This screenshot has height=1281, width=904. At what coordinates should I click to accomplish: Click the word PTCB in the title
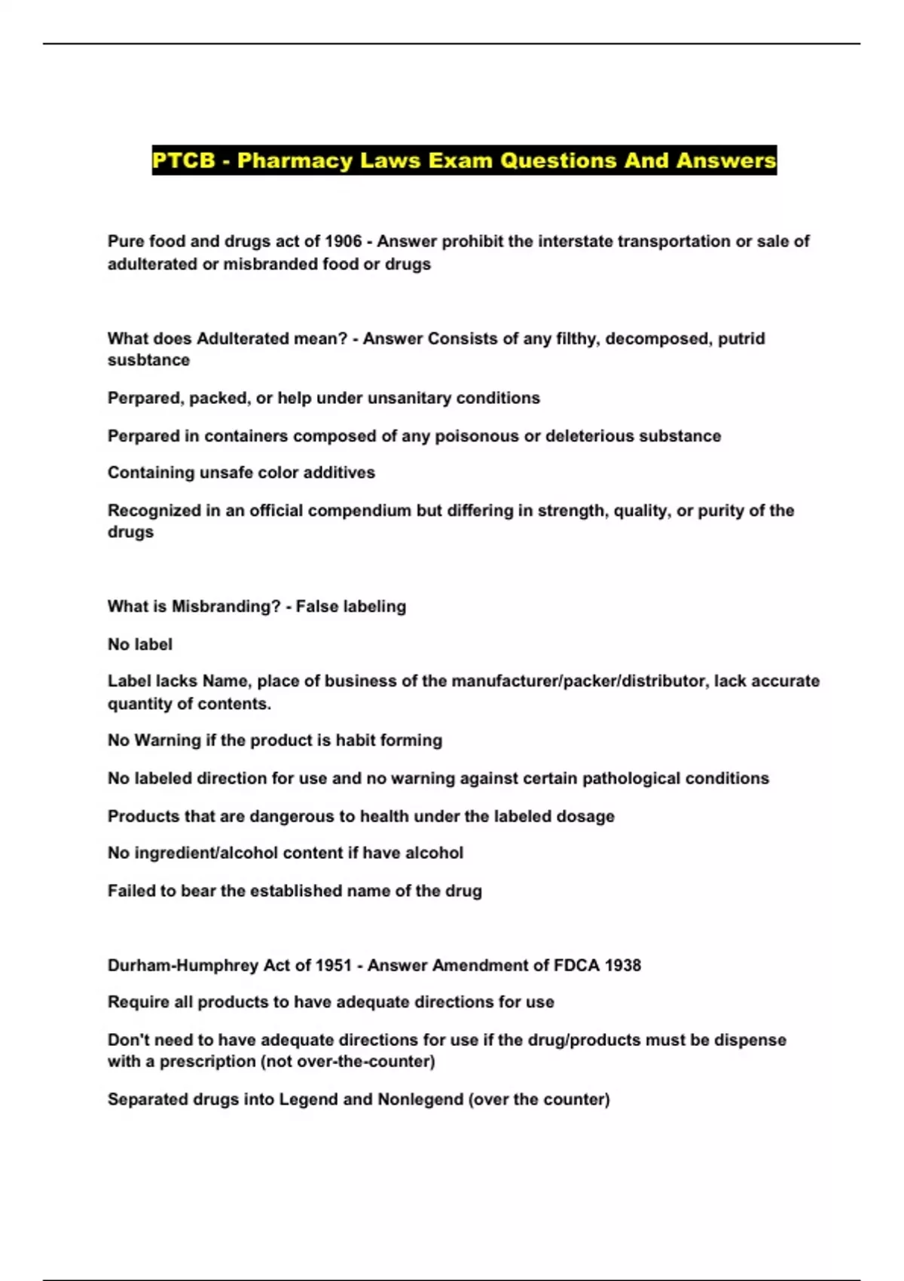(x=184, y=161)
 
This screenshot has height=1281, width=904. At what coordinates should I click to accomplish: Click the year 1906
(x=343, y=242)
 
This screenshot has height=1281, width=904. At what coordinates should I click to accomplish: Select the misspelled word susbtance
(x=148, y=360)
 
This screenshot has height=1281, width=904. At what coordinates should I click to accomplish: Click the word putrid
(x=741, y=338)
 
